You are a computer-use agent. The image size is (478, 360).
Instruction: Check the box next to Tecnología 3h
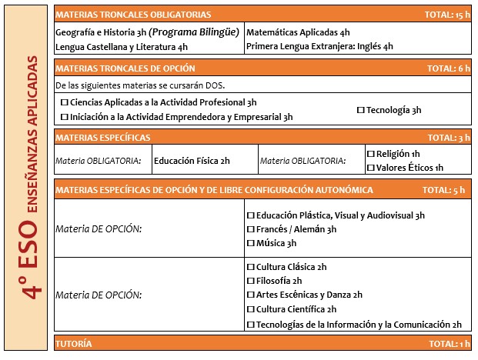pyautogui.click(x=361, y=111)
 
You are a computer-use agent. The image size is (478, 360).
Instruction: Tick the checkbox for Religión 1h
pyautogui.click(x=370, y=153)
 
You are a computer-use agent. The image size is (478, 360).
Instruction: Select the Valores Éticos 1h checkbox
pyautogui.click(x=370, y=167)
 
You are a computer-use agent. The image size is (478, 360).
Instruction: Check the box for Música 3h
pyautogui.click(x=249, y=243)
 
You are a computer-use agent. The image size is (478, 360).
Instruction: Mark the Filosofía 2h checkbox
pyautogui.click(x=249, y=281)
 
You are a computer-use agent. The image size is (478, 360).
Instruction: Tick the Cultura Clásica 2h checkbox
pyautogui.click(x=249, y=267)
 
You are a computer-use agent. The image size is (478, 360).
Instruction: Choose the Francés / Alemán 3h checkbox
pyautogui.click(x=249, y=229)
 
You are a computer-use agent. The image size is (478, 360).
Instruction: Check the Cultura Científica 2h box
pyautogui.click(x=249, y=309)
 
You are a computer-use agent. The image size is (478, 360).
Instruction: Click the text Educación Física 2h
pyautogui.click(x=192, y=161)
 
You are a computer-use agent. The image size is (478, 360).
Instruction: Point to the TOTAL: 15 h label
pyautogui.click(x=446, y=15)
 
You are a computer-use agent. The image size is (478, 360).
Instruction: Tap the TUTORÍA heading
pyautogui.click(x=74, y=343)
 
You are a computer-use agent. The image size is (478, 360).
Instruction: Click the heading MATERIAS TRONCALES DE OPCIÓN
pyautogui.click(x=125, y=68)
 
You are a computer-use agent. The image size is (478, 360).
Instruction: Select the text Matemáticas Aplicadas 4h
pyautogui.click(x=298, y=33)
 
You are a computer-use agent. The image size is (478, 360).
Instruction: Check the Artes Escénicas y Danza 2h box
pyautogui.click(x=249, y=295)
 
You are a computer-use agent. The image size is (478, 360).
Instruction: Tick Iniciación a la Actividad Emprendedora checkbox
pyautogui.click(x=63, y=118)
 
